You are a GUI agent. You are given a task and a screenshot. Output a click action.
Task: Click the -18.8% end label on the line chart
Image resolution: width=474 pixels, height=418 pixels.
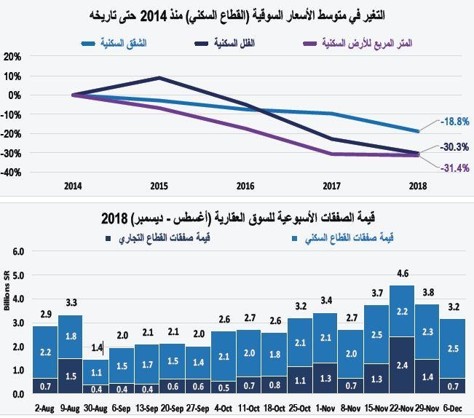pos(454,122)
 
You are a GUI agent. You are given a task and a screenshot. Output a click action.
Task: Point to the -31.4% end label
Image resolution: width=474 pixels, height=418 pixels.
pos(454,168)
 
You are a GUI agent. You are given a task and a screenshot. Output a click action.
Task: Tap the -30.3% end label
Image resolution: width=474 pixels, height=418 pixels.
pos(454,147)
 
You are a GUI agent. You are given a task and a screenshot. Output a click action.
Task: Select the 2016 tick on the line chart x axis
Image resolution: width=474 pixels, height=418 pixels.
pos(245,186)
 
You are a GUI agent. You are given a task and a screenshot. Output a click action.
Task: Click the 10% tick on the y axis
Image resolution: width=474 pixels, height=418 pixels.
pos(12,76)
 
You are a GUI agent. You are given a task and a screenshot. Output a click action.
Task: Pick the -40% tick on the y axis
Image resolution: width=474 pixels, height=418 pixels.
pos(12,173)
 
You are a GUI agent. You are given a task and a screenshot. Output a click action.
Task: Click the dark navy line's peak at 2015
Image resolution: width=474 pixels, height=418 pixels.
pos(159,78)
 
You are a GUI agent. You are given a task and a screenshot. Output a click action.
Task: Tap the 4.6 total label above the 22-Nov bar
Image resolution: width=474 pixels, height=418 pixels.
pos(402,274)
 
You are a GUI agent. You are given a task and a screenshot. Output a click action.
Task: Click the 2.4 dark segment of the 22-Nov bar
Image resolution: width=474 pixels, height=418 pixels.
pos(402,366)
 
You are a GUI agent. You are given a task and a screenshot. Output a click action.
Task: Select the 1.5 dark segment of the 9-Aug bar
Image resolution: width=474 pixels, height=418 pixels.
pos(70,376)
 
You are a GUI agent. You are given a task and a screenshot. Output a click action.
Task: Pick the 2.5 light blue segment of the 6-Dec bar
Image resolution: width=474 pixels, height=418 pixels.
pos(451,350)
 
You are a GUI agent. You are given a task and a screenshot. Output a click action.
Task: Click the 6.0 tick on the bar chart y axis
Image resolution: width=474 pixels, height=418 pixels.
pos(18,251)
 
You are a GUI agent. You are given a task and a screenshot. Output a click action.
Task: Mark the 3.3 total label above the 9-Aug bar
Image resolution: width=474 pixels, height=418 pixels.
pos(70,303)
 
